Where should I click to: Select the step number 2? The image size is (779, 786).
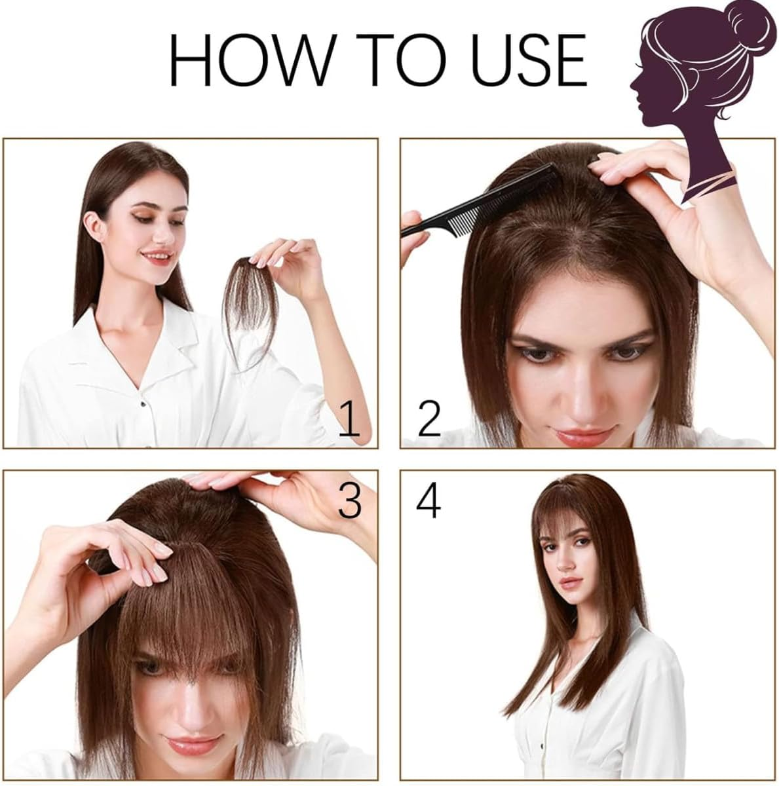[x=428, y=419]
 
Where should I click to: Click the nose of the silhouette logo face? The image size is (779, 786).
[x=632, y=84]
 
